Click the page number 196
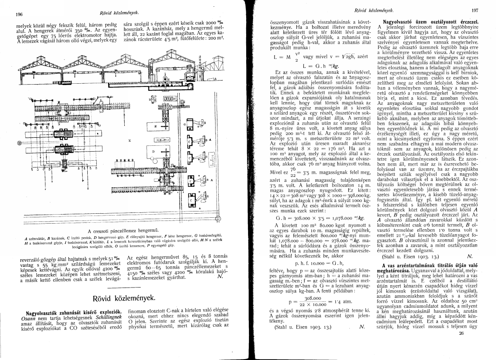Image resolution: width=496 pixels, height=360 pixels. click(x=19, y=14)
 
